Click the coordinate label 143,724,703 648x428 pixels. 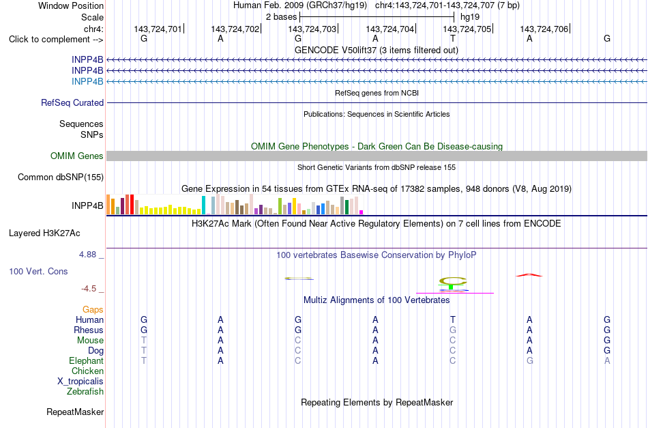[x=312, y=29]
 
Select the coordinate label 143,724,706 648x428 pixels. [x=544, y=29]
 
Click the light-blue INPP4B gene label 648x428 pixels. [x=87, y=81]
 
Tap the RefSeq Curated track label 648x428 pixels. [x=72, y=102]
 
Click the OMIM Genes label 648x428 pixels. [x=77, y=156]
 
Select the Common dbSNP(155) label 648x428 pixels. [x=61, y=177]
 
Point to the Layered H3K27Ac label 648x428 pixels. [x=44, y=233]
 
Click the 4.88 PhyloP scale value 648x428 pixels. [x=87, y=255]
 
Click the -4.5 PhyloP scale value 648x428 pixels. [x=89, y=289]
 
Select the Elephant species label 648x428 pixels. [x=86, y=361]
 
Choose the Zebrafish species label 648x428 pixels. [x=85, y=392]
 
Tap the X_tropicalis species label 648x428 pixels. [x=80, y=382]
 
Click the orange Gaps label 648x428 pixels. [x=93, y=310]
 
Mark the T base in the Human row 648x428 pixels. [x=452, y=319]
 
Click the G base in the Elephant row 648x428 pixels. [x=529, y=360]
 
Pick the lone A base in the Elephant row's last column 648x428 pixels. [x=606, y=360]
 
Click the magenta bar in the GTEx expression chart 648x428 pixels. [x=361, y=212]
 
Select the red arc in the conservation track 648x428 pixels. [x=529, y=274]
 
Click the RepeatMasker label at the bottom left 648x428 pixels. [x=75, y=412]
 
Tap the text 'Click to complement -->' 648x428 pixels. [x=56, y=40]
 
